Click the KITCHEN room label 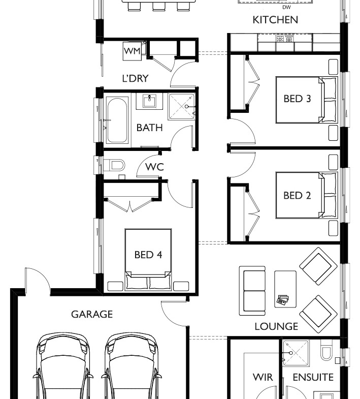275,20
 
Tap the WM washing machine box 132,51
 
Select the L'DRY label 135,78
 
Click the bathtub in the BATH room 117,120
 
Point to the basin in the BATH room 149,101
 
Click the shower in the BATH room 182,106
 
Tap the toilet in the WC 114,165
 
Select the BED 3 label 297,99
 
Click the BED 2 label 297,195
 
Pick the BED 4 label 148,255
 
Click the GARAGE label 92,314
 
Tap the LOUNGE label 276,326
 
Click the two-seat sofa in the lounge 252,291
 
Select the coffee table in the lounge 285,289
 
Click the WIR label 263,377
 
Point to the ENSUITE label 313,377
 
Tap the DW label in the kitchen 286,8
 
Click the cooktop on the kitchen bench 285,39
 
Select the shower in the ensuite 296,353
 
